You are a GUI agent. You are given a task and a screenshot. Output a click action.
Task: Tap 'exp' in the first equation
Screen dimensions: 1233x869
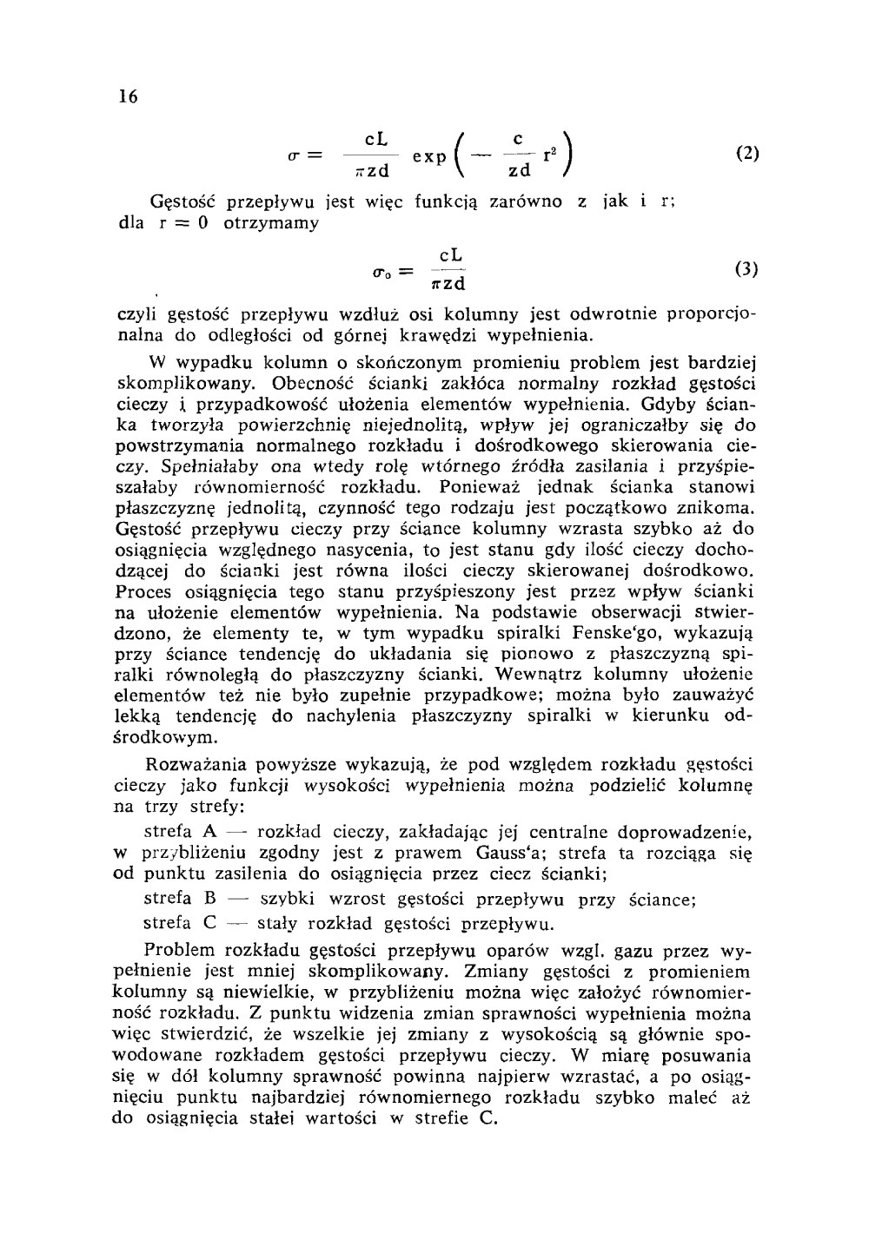click(430, 156)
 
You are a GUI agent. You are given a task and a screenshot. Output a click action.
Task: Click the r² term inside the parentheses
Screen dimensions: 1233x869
click(549, 157)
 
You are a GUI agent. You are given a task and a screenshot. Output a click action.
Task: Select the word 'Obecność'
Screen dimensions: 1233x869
click(309, 382)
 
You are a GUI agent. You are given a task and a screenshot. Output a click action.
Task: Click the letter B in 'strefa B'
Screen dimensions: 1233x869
click(209, 898)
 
